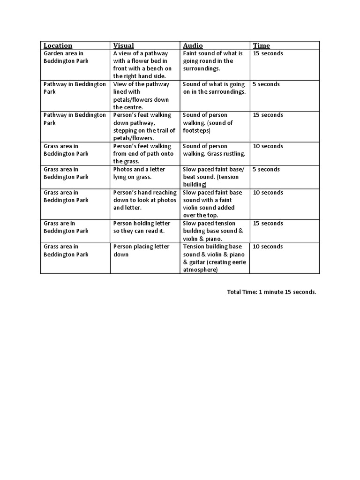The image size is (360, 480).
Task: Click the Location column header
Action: point(58,45)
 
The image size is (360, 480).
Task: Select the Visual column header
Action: point(123,45)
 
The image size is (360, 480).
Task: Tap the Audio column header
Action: point(193,45)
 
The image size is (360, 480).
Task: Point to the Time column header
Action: point(262,45)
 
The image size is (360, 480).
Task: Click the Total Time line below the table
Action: point(271,292)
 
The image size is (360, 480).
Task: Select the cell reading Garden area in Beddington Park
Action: point(66,57)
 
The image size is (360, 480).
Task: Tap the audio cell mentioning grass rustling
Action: point(214,150)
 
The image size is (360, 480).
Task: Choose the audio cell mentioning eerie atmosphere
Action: point(214,258)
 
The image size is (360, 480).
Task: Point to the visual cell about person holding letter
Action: point(142,227)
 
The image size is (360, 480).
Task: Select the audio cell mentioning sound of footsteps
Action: point(208,123)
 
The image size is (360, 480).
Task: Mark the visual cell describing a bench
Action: point(142,65)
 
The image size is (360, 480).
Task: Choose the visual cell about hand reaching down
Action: point(144,200)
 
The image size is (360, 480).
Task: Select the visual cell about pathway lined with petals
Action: point(141,96)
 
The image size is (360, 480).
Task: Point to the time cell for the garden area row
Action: point(268,53)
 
